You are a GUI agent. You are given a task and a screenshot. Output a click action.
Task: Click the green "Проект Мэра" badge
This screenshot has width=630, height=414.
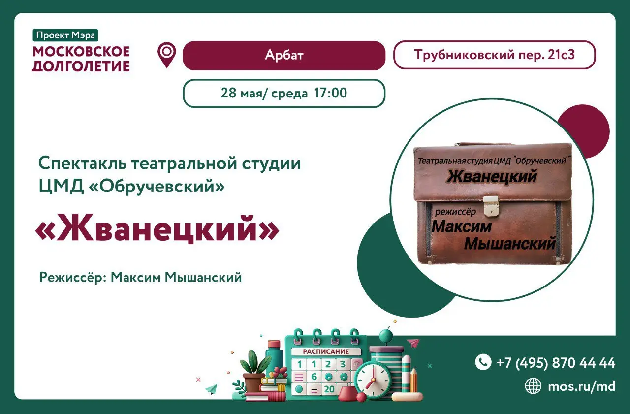point(66,35)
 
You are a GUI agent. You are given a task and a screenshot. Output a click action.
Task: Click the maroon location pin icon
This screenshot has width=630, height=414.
point(167,55)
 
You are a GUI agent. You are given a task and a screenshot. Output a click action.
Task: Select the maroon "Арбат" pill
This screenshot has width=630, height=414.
point(283,55)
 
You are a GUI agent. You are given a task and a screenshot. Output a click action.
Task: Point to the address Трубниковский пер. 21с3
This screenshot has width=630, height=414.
point(494,55)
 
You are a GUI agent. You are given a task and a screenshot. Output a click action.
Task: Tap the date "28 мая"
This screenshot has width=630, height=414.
point(238,93)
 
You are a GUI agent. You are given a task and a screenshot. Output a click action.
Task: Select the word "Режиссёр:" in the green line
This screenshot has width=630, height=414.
point(73,278)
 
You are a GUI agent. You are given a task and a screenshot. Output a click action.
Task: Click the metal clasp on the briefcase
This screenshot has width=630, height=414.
point(490,206)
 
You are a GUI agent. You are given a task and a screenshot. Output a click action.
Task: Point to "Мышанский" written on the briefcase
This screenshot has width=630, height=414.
point(510,243)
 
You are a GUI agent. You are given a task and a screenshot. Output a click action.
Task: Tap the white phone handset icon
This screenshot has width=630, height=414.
point(483,362)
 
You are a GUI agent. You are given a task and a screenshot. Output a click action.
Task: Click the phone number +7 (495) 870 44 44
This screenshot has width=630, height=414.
point(556,363)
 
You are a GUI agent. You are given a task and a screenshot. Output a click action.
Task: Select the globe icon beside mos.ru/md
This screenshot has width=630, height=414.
point(533,386)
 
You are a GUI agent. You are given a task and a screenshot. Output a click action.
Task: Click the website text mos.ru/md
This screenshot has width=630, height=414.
point(581,386)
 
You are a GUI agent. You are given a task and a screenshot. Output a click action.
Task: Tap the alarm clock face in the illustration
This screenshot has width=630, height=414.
point(373,381)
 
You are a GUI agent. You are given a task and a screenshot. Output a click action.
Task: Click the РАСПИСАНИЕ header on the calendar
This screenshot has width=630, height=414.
point(326,351)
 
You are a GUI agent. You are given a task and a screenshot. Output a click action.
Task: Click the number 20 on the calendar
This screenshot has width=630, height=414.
point(329,389)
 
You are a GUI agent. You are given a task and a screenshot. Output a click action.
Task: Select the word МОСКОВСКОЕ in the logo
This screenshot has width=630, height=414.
point(81,51)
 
